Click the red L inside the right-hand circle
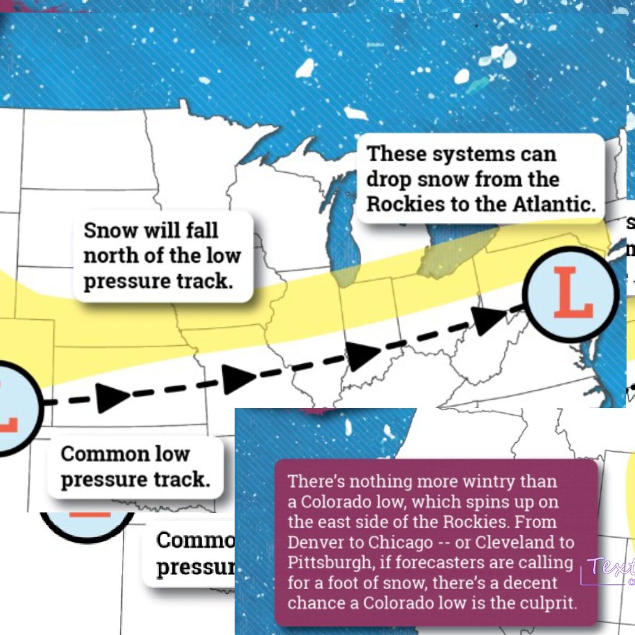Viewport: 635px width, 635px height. (x=573, y=293)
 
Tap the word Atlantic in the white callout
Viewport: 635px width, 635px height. (x=554, y=204)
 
